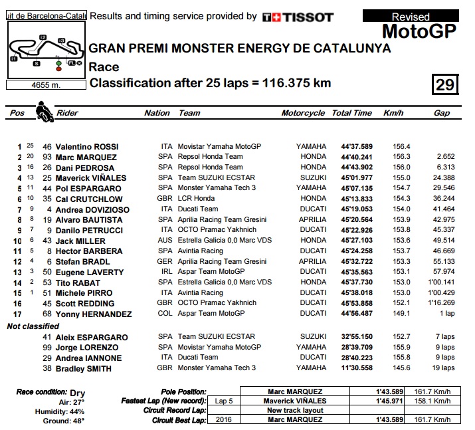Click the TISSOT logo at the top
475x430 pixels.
[x=298, y=17]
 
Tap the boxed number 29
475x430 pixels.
[x=444, y=84]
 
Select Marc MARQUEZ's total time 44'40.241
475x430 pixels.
[x=357, y=157]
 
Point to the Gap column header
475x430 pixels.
[x=442, y=113]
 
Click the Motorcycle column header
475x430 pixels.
[x=303, y=113]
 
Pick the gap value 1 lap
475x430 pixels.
[x=446, y=314]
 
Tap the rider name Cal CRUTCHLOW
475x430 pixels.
[x=89, y=199]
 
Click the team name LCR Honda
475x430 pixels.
[x=196, y=199]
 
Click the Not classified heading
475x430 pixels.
[x=33, y=326]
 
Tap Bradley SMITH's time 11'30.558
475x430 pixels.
[x=357, y=368]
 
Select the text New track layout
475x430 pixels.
[x=294, y=410]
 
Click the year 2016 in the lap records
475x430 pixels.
[x=223, y=420]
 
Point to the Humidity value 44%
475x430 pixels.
[x=77, y=411]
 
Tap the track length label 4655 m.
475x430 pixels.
[x=45, y=85]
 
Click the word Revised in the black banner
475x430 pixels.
[x=411, y=17]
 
